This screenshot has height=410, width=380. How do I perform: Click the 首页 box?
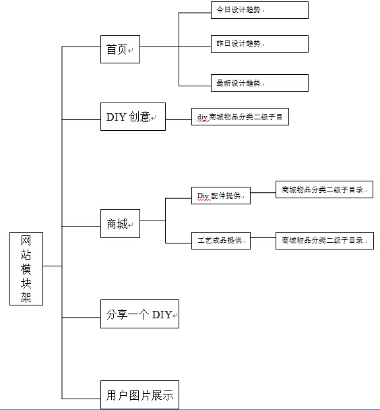coord(120,49)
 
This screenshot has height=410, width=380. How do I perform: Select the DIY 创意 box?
coord(133,117)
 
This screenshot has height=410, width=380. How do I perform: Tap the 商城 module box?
coord(120,223)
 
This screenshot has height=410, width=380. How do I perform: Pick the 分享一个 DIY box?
coord(139,314)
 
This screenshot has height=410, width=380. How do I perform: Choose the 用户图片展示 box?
coord(139,395)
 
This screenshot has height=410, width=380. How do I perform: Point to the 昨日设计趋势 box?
coord(259,43)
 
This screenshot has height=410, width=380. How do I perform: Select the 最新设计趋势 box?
coord(259,83)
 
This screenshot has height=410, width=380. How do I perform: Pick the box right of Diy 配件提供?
coord(324,189)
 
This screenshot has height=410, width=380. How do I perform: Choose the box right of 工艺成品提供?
coord(324,240)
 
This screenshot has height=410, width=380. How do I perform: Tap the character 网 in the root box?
coord(26,241)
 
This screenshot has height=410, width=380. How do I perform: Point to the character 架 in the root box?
coord(26,297)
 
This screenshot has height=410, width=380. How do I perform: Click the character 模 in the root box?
coord(26,270)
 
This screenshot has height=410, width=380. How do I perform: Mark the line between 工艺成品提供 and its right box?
coord(263,239)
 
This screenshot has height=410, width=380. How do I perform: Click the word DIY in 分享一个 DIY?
coord(162,314)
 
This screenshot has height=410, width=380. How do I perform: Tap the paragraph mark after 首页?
coord(131,51)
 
